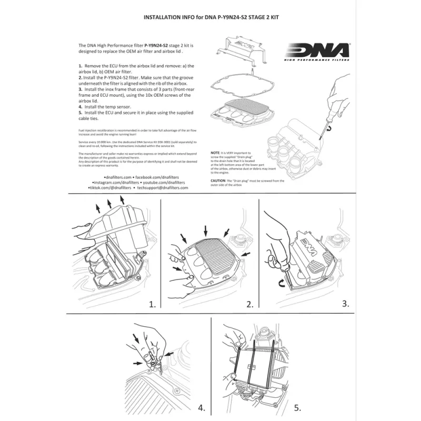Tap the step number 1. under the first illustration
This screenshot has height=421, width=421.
coord(153,304)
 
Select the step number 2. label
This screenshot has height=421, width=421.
coord(248,304)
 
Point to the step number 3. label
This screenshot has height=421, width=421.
coord(345,303)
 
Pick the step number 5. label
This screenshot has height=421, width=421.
coord(297,407)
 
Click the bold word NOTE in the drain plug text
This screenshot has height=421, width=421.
coord(215,152)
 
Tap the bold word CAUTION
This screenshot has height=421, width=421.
coord(219,181)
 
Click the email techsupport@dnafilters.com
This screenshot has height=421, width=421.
coord(163,187)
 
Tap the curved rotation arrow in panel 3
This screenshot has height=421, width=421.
coord(280,284)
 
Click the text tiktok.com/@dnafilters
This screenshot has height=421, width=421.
coord(109,187)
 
